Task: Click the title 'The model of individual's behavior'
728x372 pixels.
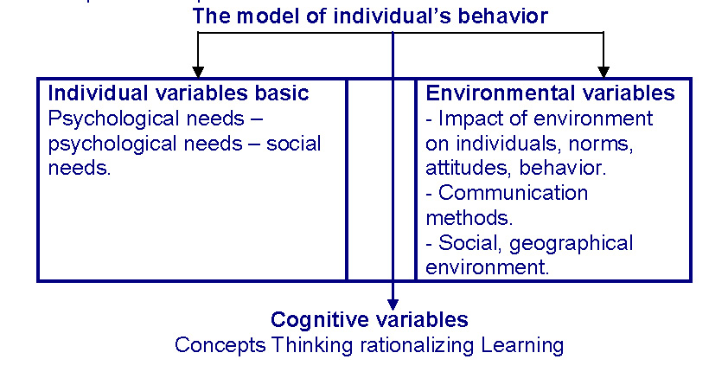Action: tap(370, 16)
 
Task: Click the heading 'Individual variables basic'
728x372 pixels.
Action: tap(178, 93)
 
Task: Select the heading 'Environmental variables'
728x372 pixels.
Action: tap(550, 93)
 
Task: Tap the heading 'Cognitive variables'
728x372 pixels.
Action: tap(369, 319)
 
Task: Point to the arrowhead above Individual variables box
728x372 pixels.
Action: tap(198, 72)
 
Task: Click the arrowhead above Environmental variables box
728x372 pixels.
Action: tap(603, 72)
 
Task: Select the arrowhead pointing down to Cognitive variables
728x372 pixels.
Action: tap(393, 305)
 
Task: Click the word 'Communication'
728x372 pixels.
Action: tap(513, 193)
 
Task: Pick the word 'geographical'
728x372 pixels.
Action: tap(571, 243)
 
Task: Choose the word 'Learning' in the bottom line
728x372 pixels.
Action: tap(522, 345)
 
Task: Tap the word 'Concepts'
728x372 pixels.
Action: tap(220, 345)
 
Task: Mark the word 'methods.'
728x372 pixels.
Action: tap(469, 218)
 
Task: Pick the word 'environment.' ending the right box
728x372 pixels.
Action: tap(487, 267)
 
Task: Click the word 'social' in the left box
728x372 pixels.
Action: tap(293, 144)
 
